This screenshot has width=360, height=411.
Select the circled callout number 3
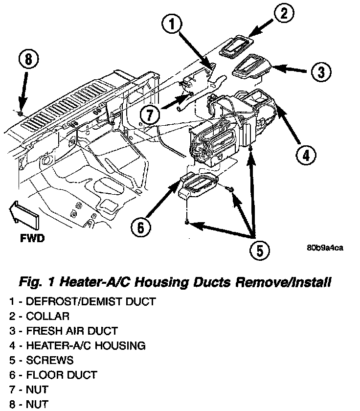point(320,73)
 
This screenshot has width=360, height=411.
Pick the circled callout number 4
point(305,156)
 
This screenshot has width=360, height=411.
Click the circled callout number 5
point(259,251)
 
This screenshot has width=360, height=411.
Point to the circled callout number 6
point(140,228)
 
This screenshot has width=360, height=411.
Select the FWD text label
point(33,239)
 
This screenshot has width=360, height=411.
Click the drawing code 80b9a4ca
point(325,247)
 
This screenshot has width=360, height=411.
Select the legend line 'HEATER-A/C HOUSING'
point(77,345)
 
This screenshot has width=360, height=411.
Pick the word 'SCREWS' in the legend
point(50,360)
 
